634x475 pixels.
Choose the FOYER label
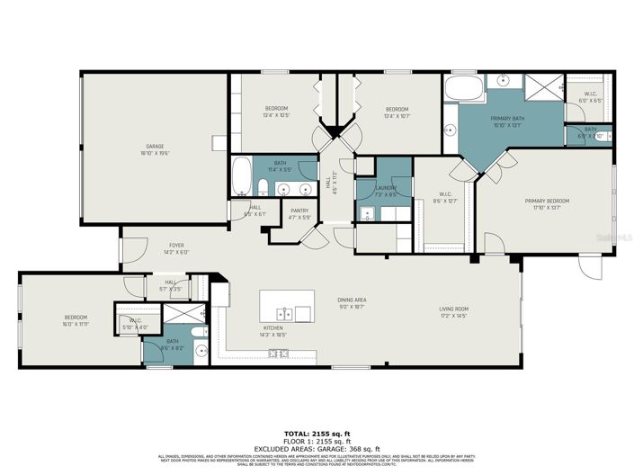[176, 246]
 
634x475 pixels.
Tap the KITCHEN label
[273, 328]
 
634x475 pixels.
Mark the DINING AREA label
[353, 300]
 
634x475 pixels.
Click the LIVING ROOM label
[453, 309]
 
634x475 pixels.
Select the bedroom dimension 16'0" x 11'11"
[76, 323]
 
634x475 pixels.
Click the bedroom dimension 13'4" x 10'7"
[397, 115]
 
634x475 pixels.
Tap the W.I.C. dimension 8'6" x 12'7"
[444, 201]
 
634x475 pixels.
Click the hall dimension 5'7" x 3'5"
[170, 289]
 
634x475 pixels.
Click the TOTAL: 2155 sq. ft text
[317, 434]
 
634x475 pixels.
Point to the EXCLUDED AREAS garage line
[317, 448]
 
